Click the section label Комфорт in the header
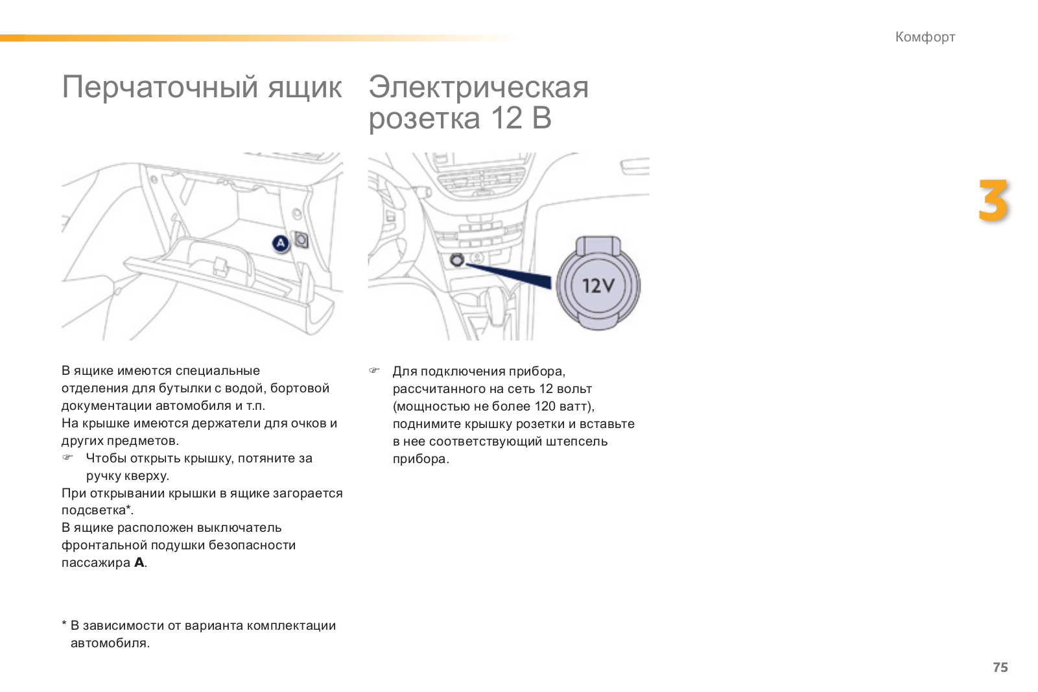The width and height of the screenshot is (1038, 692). (925, 37)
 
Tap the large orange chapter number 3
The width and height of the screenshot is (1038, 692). (993, 201)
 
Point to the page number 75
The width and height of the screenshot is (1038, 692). (1000, 667)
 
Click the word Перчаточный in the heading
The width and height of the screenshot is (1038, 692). (159, 87)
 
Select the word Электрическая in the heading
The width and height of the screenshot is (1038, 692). (478, 87)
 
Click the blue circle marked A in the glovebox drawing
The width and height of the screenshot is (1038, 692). (280, 243)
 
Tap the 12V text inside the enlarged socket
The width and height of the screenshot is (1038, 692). (598, 285)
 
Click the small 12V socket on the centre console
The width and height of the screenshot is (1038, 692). (457, 260)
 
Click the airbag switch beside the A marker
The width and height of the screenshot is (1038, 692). (301, 240)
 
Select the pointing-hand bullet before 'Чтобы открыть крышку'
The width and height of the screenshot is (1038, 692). (67, 458)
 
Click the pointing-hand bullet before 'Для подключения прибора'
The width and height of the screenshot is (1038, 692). (374, 371)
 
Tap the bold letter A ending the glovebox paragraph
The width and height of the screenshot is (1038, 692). (139, 563)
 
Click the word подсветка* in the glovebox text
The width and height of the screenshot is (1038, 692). (97, 510)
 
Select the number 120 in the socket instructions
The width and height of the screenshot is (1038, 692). (545, 407)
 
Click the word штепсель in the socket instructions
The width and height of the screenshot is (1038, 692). (577, 442)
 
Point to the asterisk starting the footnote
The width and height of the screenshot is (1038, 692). (64, 625)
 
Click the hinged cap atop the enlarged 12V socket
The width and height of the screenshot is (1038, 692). (598, 246)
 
